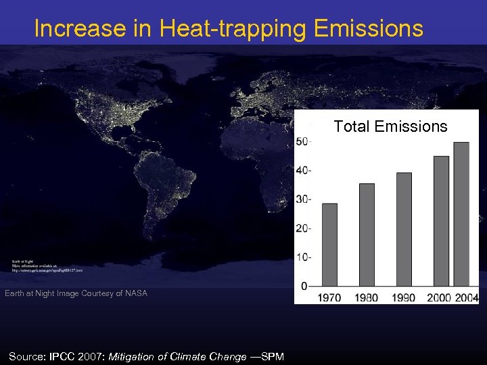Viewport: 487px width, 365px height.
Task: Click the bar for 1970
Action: point(329,245)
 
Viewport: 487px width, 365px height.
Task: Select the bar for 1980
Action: point(367,235)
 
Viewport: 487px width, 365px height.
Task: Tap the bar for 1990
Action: point(404,229)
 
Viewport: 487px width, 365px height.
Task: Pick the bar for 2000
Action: point(441,221)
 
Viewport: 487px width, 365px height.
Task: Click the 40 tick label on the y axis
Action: point(303,170)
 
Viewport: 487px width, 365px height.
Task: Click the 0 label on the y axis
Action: point(305,286)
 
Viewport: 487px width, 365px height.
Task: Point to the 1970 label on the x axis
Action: point(329,297)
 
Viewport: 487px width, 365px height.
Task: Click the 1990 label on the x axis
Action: point(404,297)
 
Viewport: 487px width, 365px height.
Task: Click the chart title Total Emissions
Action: point(390,126)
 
